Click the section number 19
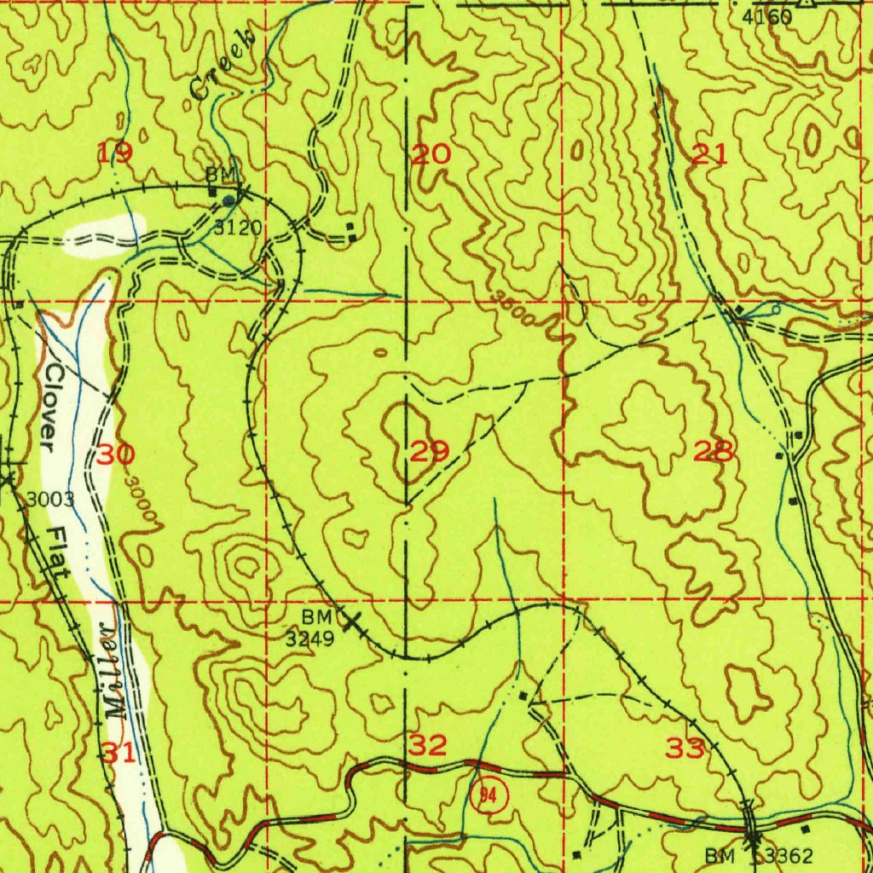[114, 153]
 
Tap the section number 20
[431, 154]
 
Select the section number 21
[709, 154]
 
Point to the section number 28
[714, 451]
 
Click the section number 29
[431, 451]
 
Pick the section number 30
[114, 454]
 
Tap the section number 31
[119, 752]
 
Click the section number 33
[685, 749]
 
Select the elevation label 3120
[237, 228]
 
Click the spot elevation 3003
[50, 500]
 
